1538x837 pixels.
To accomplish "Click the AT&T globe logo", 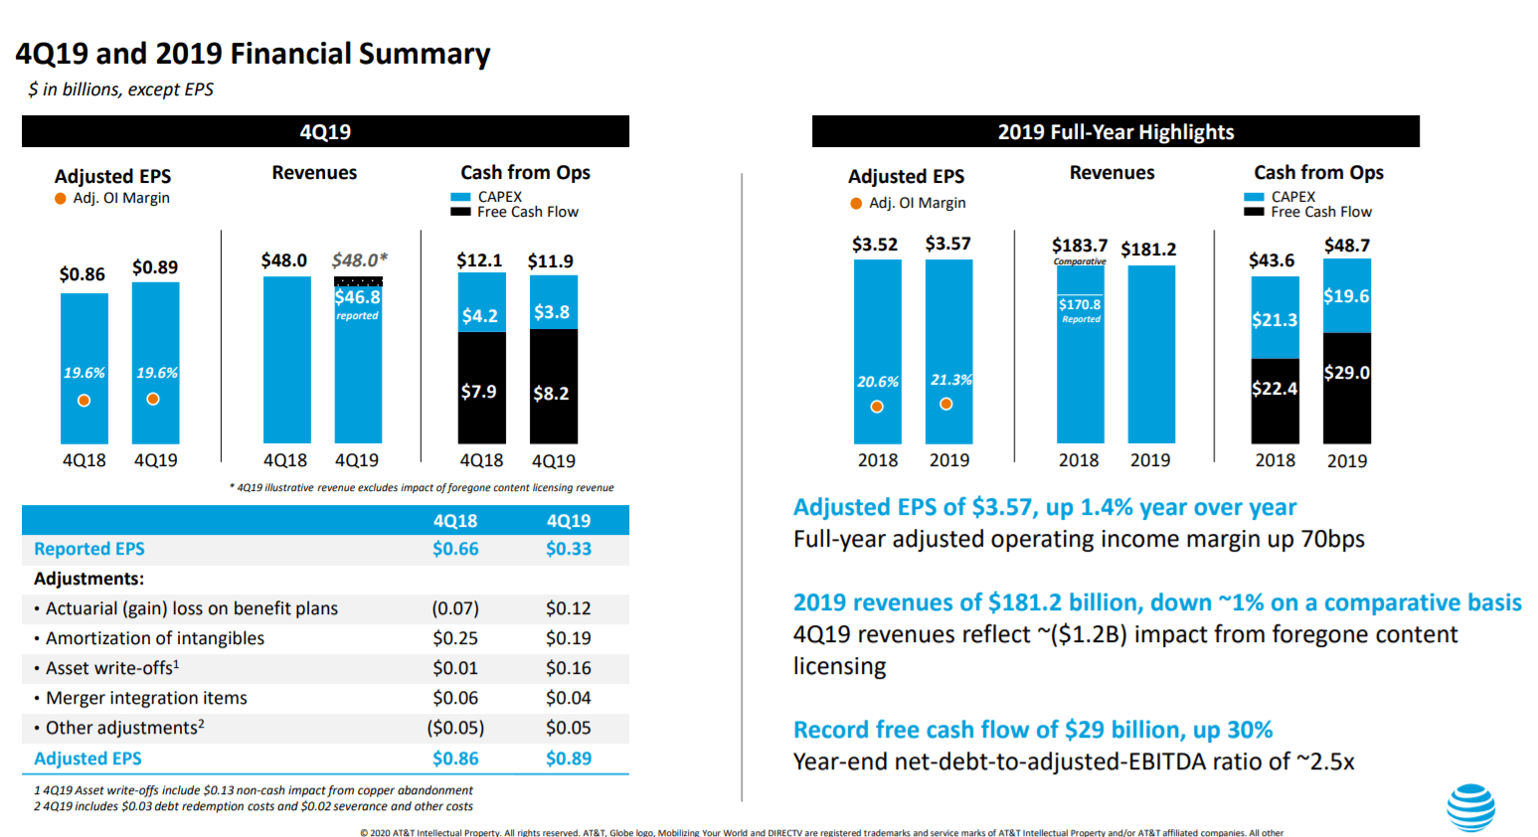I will (1470, 806).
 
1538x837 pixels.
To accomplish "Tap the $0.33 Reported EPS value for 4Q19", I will (568, 549).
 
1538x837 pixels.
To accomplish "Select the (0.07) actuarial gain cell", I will (454, 608).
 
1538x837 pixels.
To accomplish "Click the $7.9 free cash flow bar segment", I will (479, 392).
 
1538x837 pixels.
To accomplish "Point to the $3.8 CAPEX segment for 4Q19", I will (552, 312).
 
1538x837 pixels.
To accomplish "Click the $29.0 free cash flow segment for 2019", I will (1346, 373).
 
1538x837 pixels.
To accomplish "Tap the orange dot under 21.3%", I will (946, 404).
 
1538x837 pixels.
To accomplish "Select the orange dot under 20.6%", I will (877, 407).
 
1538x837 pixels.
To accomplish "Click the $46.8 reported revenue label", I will (357, 297).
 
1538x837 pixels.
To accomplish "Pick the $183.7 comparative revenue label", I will (1080, 246).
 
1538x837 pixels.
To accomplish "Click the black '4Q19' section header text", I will (325, 132).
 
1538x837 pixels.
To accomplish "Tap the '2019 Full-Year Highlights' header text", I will (1115, 132).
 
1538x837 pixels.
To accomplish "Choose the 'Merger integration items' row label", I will (146, 698).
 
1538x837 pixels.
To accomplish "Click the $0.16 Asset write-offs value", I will (568, 668).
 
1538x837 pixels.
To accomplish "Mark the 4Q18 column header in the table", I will (454, 521).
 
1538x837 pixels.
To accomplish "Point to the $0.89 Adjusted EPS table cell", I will (568, 758).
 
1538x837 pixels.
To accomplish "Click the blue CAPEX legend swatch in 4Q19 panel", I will (460, 198).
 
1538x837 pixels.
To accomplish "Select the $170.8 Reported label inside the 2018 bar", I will (1080, 305).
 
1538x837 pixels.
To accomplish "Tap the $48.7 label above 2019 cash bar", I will (1346, 246).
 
